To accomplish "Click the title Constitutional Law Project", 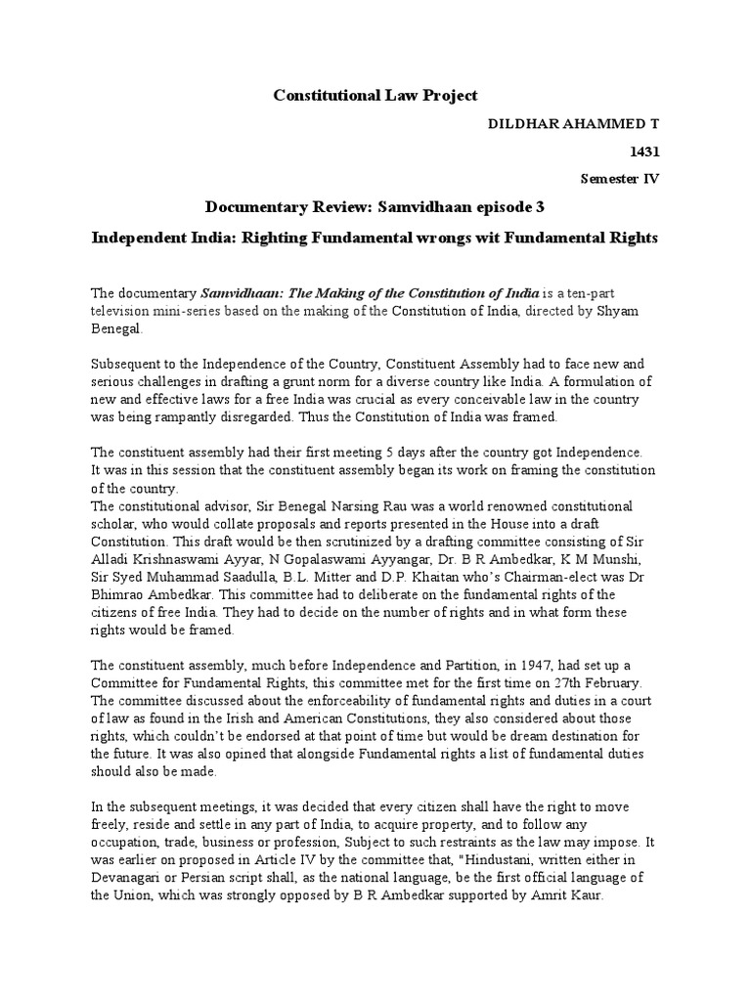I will tap(375, 95).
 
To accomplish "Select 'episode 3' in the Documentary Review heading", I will tap(496, 207).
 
